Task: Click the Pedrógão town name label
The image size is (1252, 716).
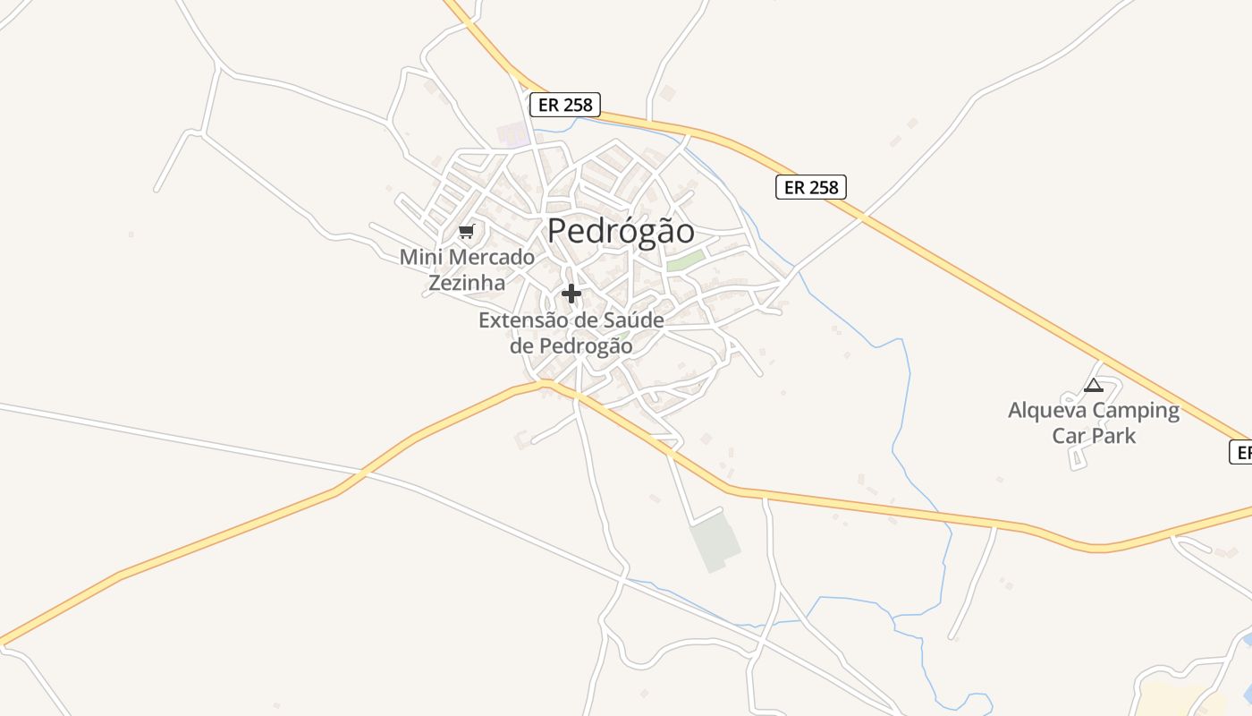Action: [x=621, y=231]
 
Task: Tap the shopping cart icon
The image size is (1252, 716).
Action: [x=466, y=232]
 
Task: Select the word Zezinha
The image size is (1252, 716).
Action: [x=466, y=283]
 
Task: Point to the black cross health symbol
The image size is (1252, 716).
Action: [x=571, y=293]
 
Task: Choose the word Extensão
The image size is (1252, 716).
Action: [x=522, y=320]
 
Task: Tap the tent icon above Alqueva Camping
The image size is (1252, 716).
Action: [x=1093, y=386]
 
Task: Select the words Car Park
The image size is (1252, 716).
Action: [x=1094, y=436]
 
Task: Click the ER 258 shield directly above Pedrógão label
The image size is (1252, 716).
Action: [x=564, y=105]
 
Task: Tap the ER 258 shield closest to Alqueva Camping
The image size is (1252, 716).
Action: [x=810, y=187]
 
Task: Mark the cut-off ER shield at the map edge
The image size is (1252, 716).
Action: [x=1240, y=452]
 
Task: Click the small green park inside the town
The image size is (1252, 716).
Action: [x=685, y=260]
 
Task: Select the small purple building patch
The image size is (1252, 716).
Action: [x=513, y=135]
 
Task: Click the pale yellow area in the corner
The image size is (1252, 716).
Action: [x=1180, y=699]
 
